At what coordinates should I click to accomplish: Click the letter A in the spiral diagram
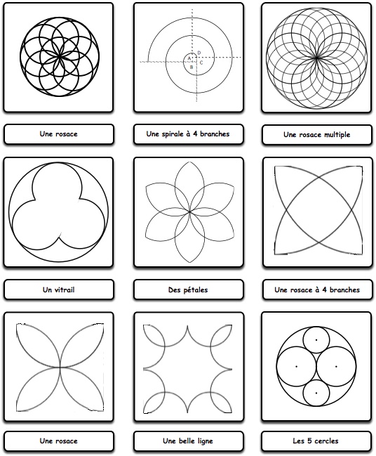point(189,58)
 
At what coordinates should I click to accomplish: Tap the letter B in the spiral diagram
point(192,67)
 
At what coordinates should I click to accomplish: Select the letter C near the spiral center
point(201,63)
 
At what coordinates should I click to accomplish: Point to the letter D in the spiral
point(199,53)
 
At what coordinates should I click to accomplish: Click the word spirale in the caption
point(173,133)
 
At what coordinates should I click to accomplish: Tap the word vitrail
point(64,289)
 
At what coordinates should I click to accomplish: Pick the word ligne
point(206,441)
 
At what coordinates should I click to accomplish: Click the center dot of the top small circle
point(316,339)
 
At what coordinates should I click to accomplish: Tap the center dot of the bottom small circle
point(316,393)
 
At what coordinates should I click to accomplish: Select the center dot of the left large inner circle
point(296,367)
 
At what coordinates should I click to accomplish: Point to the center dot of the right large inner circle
point(336,367)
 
